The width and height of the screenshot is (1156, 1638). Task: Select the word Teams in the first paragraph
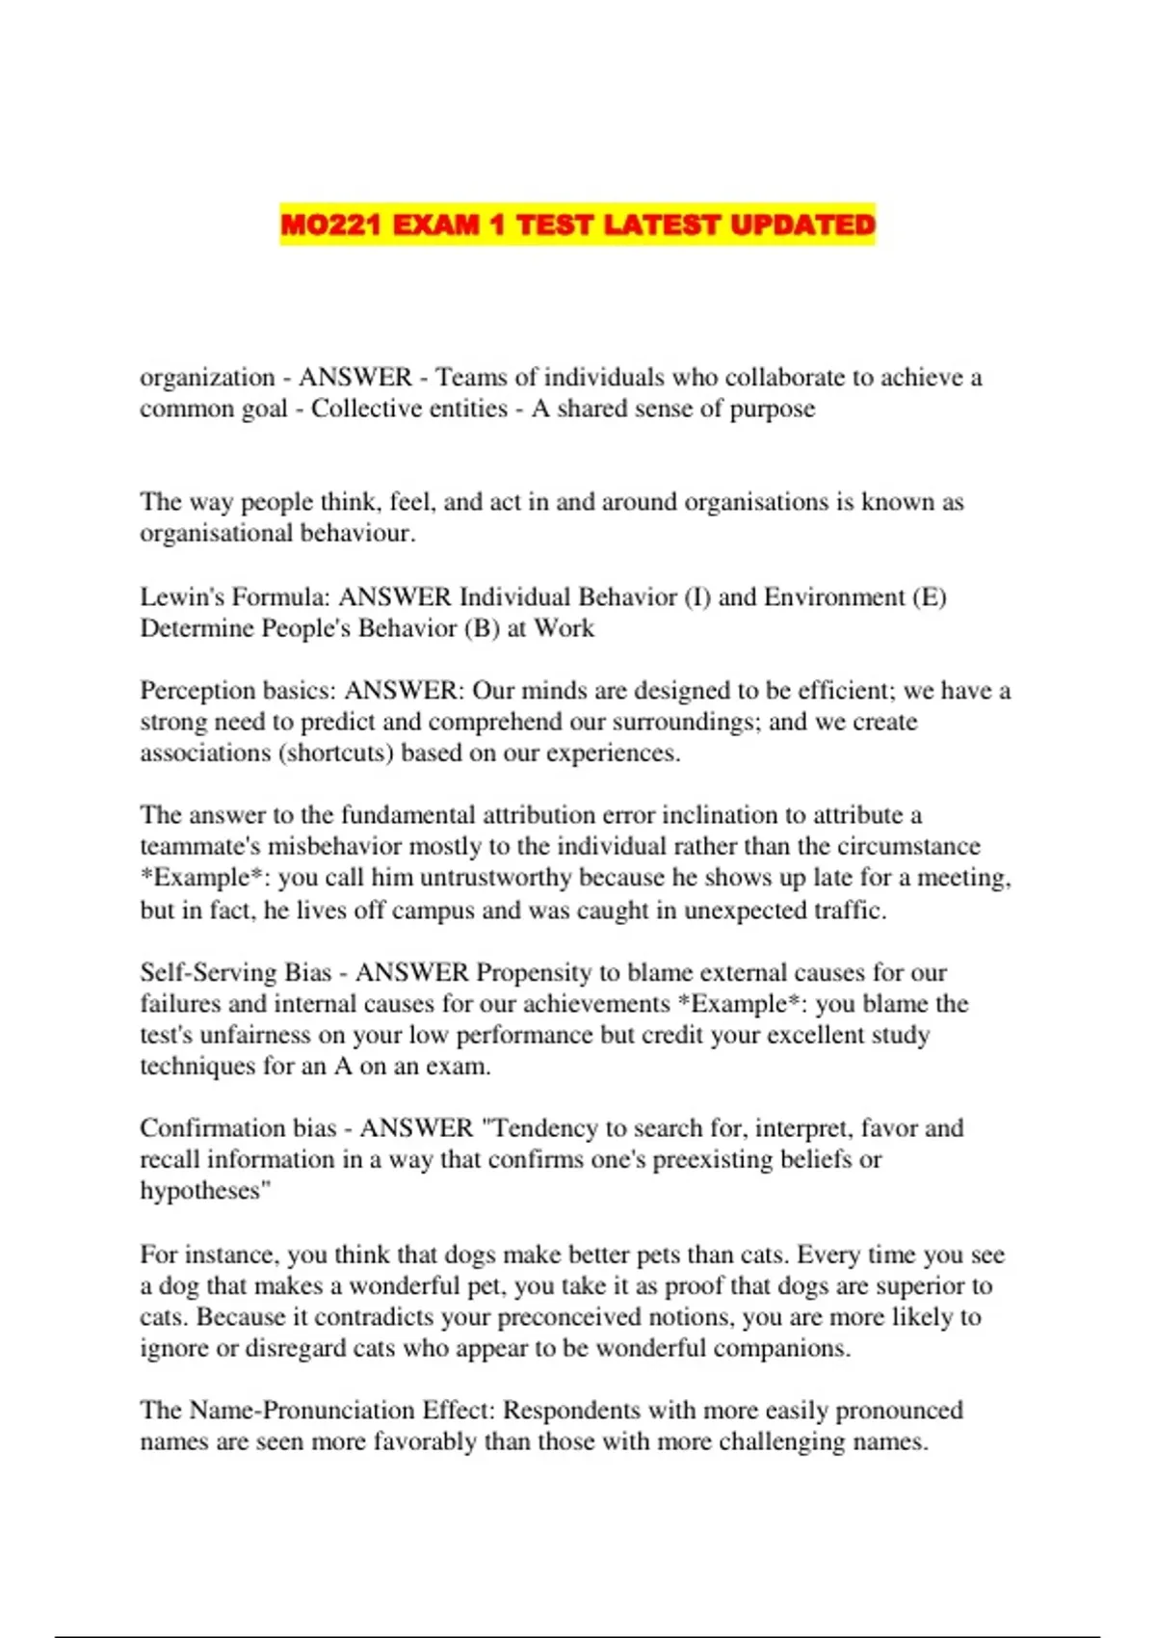click(x=471, y=377)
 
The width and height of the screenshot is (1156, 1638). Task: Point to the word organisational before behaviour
click(x=216, y=533)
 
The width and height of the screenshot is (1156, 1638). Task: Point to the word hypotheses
click(x=201, y=1191)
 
